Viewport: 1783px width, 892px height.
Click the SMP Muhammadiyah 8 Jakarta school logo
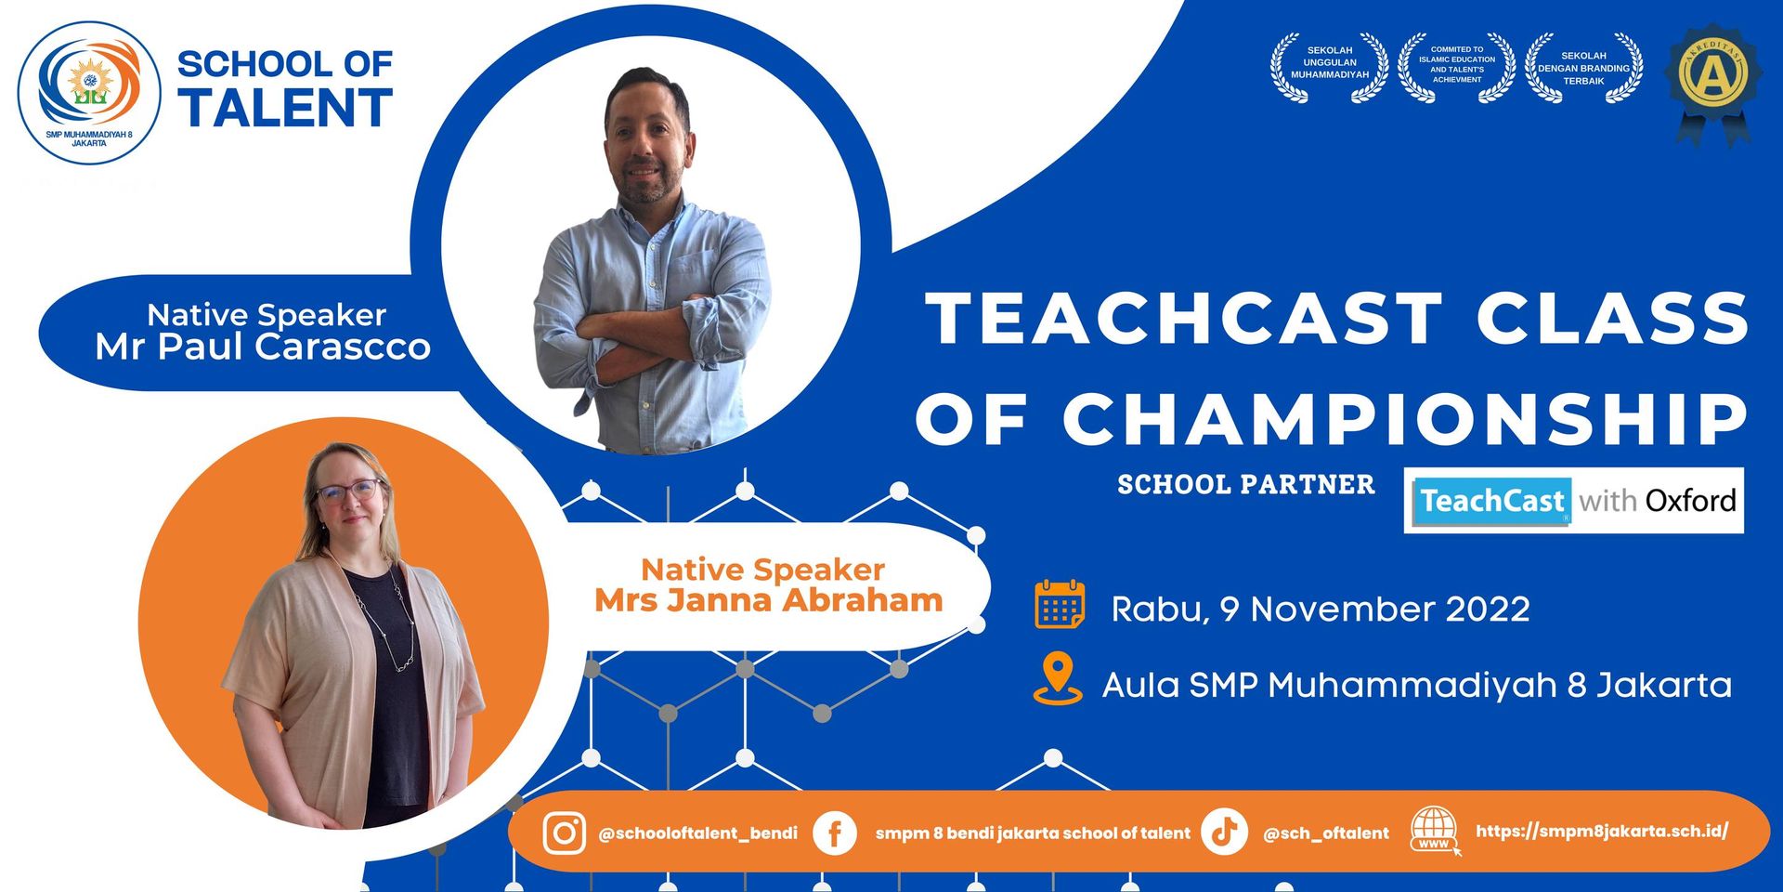click(x=89, y=93)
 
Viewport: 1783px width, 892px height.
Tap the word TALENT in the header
click(x=285, y=108)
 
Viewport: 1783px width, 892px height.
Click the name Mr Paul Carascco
click(x=263, y=347)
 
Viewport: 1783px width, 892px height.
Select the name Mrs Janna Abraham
click(x=769, y=600)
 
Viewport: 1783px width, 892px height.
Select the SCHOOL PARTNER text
click(x=1246, y=485)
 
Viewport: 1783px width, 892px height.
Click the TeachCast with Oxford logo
click(x=1574, y=501)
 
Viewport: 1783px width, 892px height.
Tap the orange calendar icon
click(x=1060, y=605)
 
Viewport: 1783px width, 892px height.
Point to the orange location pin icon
click(x=1058, y=679)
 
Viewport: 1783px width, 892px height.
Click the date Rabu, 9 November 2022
click(x=1321, y=610)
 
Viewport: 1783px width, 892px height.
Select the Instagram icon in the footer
click(x=564, y=833)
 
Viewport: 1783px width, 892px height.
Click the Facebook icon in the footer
click(x=835, y=833)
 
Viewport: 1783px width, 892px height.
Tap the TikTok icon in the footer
click(x=1224, y=832)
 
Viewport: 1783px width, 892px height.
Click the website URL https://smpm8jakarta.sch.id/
click(x=1602, y=831)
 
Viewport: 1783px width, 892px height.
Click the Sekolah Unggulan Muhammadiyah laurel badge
click(x=1330, y=67)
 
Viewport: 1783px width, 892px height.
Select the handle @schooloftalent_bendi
click(x=698, y=833)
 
